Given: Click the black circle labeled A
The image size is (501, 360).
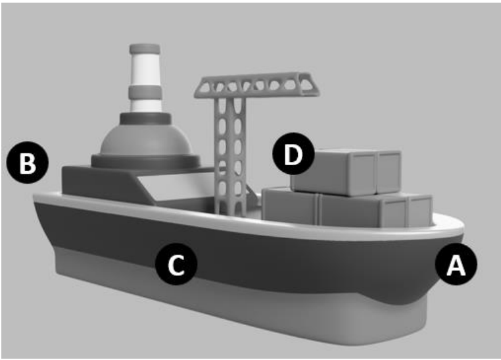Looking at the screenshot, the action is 456,264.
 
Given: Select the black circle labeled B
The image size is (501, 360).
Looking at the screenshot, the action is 28,163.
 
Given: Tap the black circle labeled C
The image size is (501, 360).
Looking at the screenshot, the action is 176,264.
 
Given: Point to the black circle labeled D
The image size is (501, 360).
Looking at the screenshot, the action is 293,154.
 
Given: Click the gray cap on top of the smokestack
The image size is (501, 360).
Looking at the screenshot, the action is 145,49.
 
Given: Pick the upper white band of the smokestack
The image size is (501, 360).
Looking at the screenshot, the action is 145,70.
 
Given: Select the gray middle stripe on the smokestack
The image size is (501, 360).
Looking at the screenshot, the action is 145,92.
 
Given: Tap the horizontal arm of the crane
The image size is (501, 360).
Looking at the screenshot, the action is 257,85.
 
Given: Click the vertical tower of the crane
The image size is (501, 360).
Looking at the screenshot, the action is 230,156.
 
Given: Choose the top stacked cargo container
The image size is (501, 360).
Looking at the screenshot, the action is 346,172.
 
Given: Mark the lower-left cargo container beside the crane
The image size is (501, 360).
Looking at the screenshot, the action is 290,205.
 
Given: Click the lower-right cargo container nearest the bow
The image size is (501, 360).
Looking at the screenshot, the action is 375,210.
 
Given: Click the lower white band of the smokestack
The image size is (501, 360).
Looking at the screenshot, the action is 145,105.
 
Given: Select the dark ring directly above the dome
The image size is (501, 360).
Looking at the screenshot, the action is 145,119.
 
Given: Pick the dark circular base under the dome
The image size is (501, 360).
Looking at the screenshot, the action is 146,162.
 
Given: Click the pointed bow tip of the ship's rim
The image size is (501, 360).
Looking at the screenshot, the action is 463,228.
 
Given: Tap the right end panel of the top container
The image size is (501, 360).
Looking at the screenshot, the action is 389,173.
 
